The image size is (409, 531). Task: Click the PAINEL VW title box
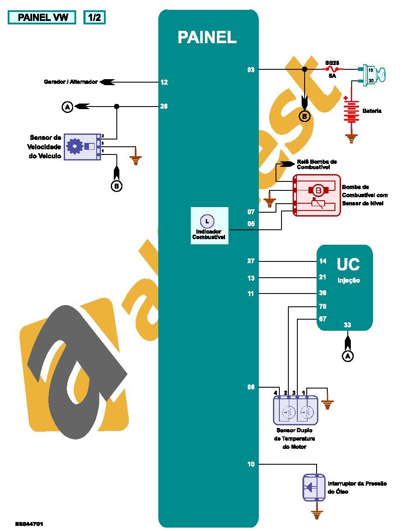42,18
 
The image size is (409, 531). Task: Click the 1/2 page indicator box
94,18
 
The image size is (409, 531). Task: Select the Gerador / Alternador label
71,82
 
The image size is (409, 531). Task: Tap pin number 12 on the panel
164,82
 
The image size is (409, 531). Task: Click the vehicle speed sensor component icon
82,147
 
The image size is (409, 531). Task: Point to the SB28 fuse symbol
332,69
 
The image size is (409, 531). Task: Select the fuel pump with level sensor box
317,195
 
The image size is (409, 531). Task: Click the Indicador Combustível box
209,225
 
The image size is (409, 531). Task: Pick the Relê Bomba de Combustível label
317,164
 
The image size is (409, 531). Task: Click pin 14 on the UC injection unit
323,261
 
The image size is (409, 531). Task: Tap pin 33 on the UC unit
347,325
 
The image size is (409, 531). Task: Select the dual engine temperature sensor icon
296,410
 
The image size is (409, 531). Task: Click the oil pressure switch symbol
314,487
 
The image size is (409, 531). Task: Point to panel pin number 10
251,464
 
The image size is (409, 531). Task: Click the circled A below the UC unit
348,356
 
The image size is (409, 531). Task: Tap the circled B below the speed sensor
116,186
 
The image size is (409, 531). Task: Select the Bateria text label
372,111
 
